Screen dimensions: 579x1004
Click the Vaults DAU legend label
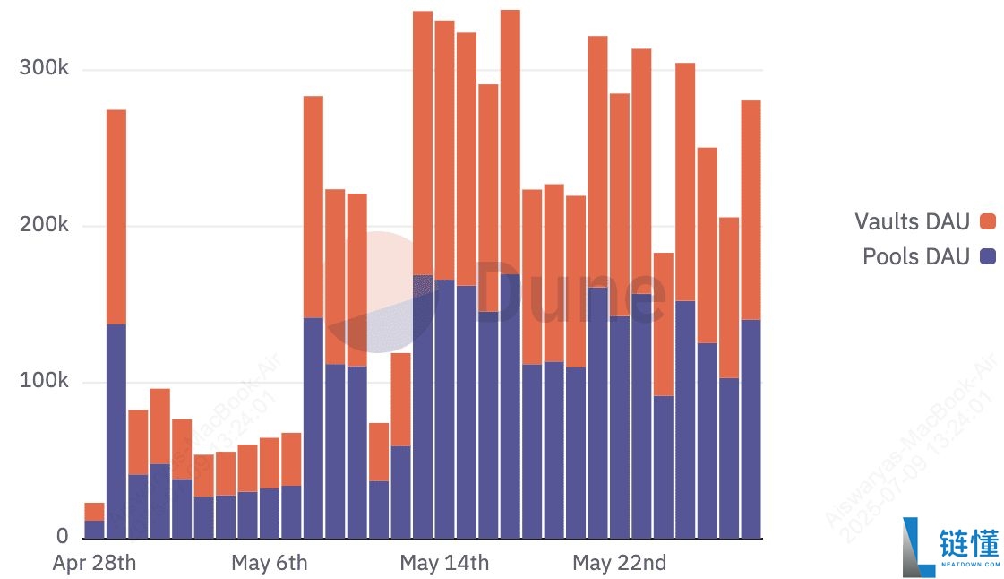(x=912, y=221)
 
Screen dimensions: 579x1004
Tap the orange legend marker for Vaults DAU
(x=989, y=221)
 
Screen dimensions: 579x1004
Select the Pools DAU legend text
(x=915, y=257)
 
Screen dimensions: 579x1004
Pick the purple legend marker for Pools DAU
(x=989, y=257)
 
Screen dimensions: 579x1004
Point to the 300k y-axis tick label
(x=44, y=69)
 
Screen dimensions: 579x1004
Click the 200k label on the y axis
(x=44, y=225)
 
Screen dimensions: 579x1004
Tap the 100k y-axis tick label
(x=44, y=381)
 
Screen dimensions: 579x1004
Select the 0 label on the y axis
(x=62, y=537)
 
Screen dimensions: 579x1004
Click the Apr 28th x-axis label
(x=94, y=563)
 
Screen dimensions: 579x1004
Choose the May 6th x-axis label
(x=269, y=563)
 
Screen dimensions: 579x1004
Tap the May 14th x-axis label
(x=444, y=563)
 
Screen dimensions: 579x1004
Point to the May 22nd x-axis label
(x=619, y=563)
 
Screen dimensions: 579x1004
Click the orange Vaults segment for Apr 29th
(x=116, y=215)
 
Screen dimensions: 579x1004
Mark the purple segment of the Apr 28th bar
(x=94, y=529)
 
